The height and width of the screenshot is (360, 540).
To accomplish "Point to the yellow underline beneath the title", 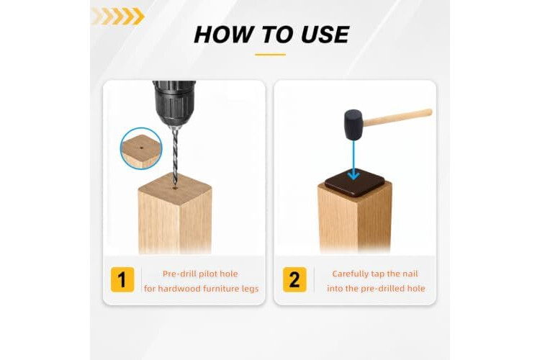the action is coord(270,55).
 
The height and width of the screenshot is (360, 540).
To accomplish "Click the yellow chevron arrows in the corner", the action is coord(118,16).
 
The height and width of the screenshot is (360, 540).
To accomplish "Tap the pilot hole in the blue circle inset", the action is coord(142,148).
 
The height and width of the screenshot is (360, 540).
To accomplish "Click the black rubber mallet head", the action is coord(354,125).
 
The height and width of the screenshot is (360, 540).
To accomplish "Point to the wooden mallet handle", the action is coord(397,117).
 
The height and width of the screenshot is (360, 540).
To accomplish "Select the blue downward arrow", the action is coord(354,160).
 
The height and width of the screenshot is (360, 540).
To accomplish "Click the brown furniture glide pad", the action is coord(355,183).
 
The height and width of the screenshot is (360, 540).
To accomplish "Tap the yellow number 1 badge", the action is coord(122,279).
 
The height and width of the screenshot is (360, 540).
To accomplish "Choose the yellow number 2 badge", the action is coord(294,279).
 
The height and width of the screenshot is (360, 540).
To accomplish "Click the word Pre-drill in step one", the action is coord(180,274).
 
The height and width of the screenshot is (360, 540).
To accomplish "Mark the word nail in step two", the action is coord(410,274).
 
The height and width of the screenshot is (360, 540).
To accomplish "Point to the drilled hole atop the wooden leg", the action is coord(175,188).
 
